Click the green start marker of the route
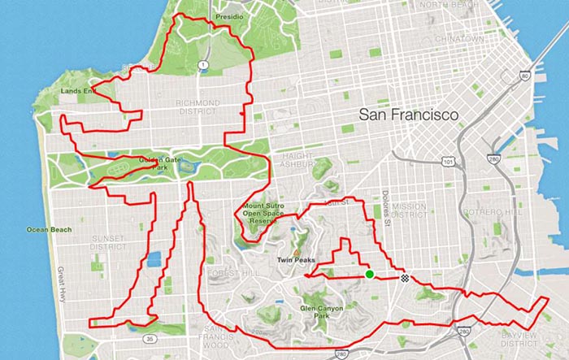click(370, 275)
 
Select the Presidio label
click(208, 15)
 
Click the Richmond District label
click(197, 107)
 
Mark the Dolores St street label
click(385, 206)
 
